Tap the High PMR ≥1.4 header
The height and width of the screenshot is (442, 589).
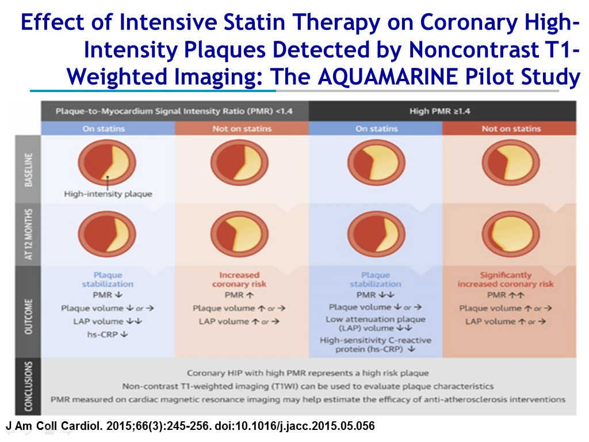coord(439,111)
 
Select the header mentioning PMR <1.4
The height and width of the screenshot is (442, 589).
coord(174,111)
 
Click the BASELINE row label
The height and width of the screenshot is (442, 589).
coord(28,170)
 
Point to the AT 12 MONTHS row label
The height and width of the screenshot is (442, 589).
coord(28,234)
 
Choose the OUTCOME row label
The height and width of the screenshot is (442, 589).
coord(28,317)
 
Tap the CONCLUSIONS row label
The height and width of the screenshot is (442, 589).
coord(28,386)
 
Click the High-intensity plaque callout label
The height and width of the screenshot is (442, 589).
coord(108,194)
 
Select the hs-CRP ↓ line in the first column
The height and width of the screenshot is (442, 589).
coord(108,334)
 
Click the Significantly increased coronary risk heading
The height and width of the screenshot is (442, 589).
coord(506,280)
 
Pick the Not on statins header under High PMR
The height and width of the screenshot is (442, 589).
coord(511,128)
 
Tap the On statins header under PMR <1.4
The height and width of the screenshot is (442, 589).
coord(104,128)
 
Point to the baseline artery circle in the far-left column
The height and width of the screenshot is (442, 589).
coord(107,162)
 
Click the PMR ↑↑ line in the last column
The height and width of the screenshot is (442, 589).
coord(506,295)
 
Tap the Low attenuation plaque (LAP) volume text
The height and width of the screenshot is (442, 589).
coord(376,323)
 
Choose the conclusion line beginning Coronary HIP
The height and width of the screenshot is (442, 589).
coord(308,373)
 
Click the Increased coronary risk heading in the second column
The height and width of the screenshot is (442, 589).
coord(239,280)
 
